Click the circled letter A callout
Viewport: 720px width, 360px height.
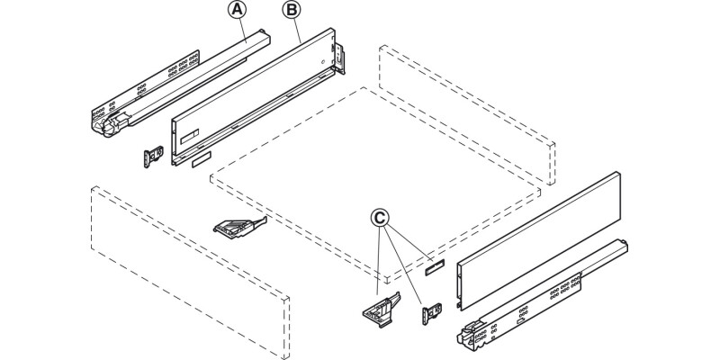click(238, 10)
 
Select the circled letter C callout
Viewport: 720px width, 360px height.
click(380, 217)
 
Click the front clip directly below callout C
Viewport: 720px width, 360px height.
click(378, 305)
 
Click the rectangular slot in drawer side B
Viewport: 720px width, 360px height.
click(188, 140)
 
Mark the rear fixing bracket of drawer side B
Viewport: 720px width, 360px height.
click(340, 56)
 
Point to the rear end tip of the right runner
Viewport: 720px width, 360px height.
click(622, 243)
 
